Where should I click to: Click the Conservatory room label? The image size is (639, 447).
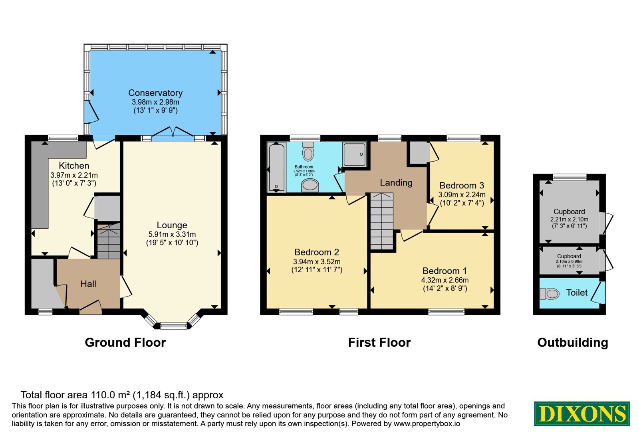click(155, 93)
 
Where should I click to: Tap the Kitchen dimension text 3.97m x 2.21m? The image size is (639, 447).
click(74, 175)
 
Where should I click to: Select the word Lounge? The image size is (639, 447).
click(172, 225)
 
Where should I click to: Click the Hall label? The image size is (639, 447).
click(88, 284)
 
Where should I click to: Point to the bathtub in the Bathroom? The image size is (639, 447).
click(277, 167)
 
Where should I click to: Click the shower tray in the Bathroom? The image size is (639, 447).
click(354, 154)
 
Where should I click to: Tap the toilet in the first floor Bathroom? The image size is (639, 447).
click(308, 151)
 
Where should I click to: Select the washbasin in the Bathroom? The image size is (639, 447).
click(310, 186)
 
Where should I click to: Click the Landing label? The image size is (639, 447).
click(396, 182)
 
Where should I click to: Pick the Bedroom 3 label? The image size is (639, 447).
click(462, 185)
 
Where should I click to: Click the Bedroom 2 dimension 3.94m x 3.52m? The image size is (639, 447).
click(317, 261)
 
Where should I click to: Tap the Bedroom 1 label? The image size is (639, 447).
click(445, 271)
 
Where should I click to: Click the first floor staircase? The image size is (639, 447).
click(382, 222)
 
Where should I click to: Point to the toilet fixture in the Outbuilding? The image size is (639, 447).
click(550, 294)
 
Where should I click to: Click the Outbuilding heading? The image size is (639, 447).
click(573, 342)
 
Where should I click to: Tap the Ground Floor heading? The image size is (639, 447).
click(125, 342)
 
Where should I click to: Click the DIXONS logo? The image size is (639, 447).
click(581, 413)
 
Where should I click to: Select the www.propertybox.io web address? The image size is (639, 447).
click(427, 423)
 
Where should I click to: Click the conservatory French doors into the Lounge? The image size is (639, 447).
click(173, 134)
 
